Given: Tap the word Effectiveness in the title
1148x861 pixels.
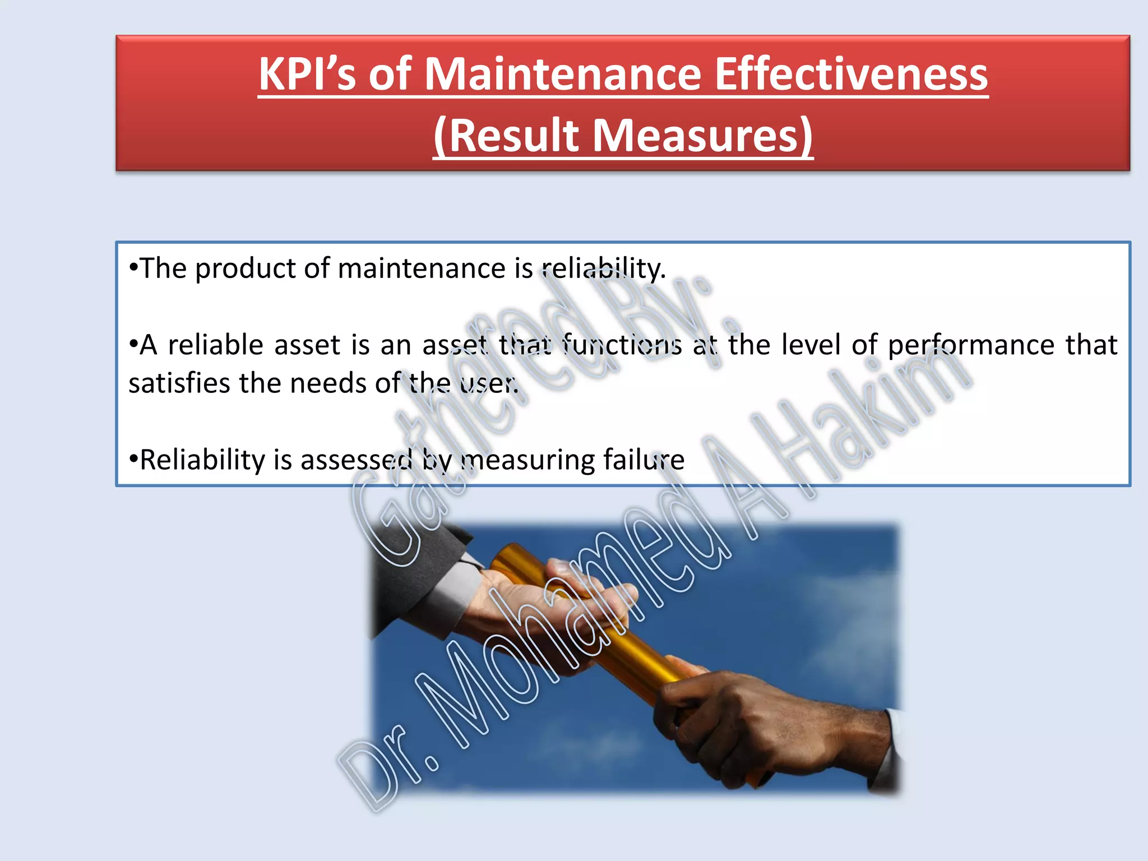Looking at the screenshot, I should pyautogui.click(x=851, y=75).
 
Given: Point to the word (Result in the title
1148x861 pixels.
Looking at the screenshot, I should pyautogui.click(x=506, y=136).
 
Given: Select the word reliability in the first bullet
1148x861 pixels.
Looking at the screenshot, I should pyautogui.click(x=603, y=269).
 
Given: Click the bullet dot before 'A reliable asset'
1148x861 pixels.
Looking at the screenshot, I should pyautogui.click(x=133, y=344).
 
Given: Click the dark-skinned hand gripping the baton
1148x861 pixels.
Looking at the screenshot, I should pyautogui.click(x=774, y=723).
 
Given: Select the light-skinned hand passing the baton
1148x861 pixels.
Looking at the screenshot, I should pyautogui.click(x=538, y=605).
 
